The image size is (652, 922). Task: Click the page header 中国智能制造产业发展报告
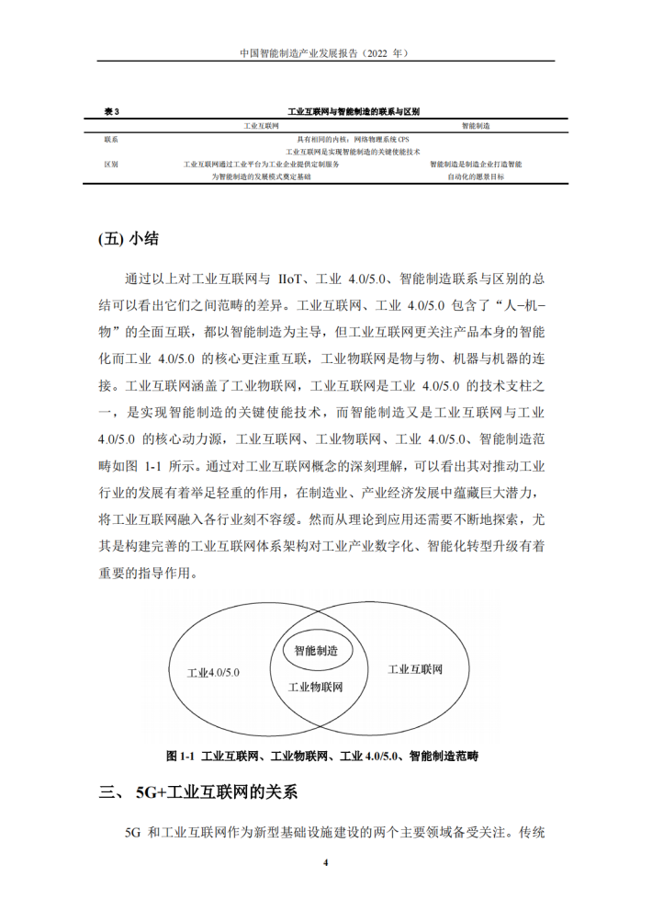324,54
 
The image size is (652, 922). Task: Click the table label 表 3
112,111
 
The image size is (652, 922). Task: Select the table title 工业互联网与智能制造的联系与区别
354,111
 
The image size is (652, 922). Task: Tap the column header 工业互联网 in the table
261,125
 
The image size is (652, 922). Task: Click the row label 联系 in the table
112,139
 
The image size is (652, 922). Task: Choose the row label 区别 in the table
112,164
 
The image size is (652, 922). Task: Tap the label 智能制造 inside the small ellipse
315,650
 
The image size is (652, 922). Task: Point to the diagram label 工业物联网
315,687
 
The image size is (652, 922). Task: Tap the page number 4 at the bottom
325,863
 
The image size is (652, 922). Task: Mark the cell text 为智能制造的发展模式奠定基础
261,176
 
